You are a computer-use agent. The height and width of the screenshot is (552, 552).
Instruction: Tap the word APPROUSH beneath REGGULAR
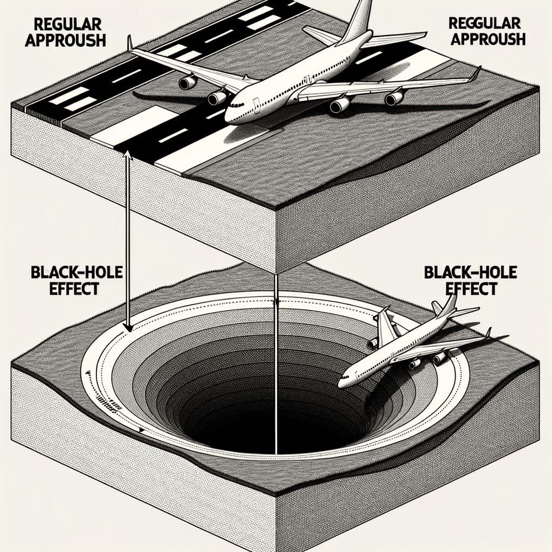[487, 39]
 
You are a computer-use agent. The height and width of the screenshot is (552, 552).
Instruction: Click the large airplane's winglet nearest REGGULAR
[475, 74]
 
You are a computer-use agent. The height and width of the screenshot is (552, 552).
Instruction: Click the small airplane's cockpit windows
[347, 375]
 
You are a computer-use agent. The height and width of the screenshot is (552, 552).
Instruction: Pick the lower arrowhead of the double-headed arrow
[128, 327]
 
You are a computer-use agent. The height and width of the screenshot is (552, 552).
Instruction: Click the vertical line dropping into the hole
[276, 367]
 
